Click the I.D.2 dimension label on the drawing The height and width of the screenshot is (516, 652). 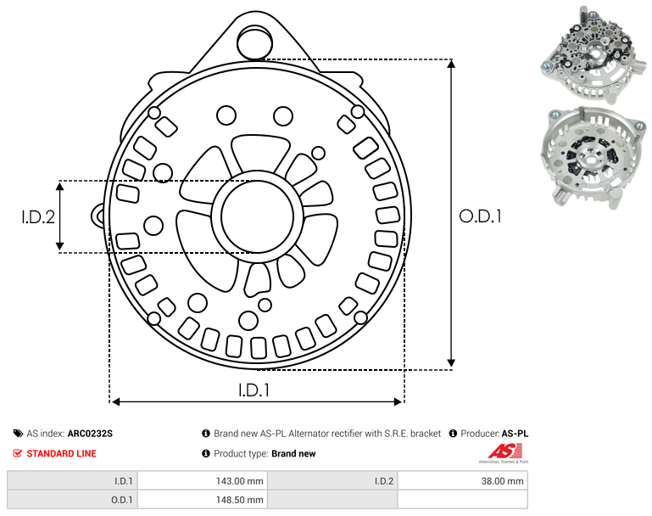coord(38,216)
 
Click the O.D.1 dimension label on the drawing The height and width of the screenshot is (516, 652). coord(480,216)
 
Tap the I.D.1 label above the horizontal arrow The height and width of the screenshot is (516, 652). coord(254,390)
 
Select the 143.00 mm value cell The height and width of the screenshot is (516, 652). coord(203,481)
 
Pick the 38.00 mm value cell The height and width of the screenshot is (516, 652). coord(463,481)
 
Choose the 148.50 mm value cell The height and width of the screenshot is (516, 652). coord(203,499)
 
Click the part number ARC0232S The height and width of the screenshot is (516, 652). coord(90,434)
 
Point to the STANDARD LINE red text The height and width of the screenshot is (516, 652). coord(62,453)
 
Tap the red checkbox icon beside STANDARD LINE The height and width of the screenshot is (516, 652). coord(18,453)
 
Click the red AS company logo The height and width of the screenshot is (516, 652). coord(504,451)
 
